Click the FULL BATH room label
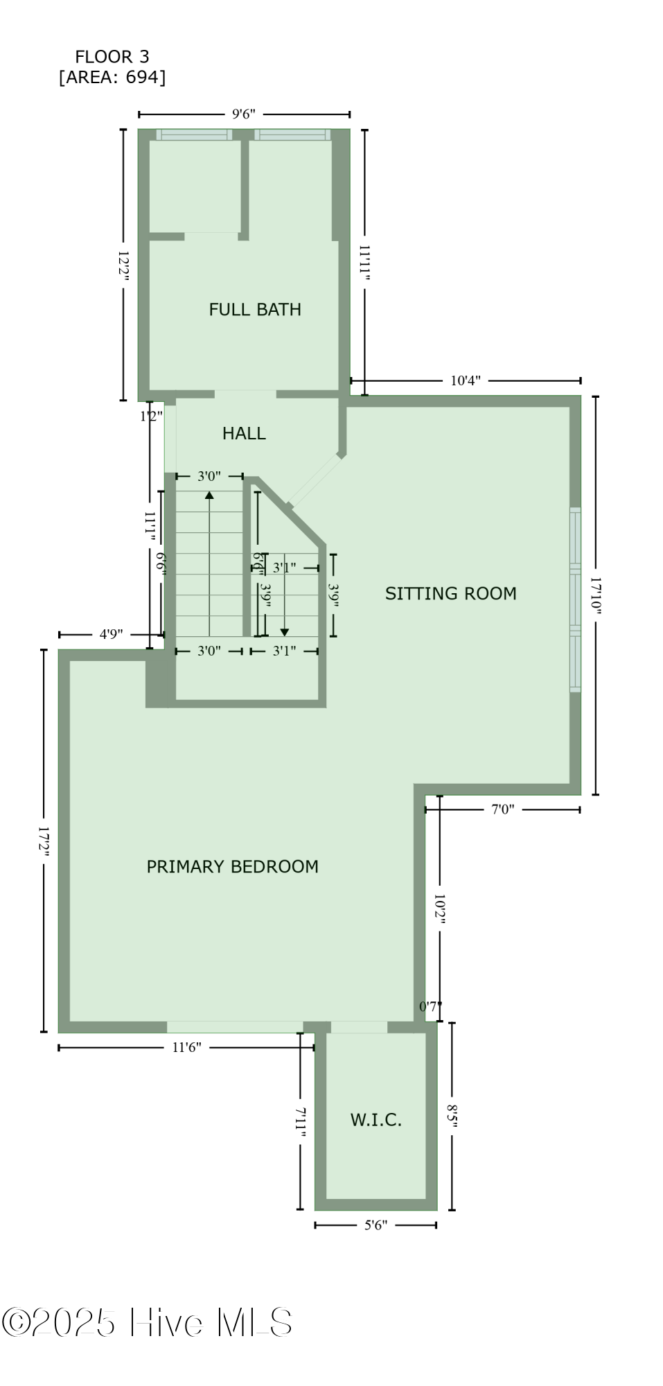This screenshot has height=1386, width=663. point(255,309)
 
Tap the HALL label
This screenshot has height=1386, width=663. point(244,433)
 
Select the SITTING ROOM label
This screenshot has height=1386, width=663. point(450,593)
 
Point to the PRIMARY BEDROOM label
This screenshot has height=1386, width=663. point(232,866)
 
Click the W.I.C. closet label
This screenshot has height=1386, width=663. point(375,1120)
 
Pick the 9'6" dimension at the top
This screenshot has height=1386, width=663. point(244,114)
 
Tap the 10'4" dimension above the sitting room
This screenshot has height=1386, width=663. point(465,380)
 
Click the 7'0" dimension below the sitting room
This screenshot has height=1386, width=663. point(503,809)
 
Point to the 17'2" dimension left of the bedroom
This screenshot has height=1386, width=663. point(44,841)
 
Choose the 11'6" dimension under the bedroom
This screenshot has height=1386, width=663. point(186,1047)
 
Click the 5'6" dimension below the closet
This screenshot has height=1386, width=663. point(375,1225)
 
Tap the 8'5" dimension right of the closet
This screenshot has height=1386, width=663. point(452,1116)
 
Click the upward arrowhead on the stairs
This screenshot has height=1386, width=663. point(209,495)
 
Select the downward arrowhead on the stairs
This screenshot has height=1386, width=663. point(284,632)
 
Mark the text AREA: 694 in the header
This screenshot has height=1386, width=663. point(112,77)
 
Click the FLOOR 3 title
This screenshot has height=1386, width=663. point(112,57)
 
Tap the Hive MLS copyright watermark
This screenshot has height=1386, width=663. point(147,1322)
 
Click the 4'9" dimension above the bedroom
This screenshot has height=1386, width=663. point(111,634)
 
